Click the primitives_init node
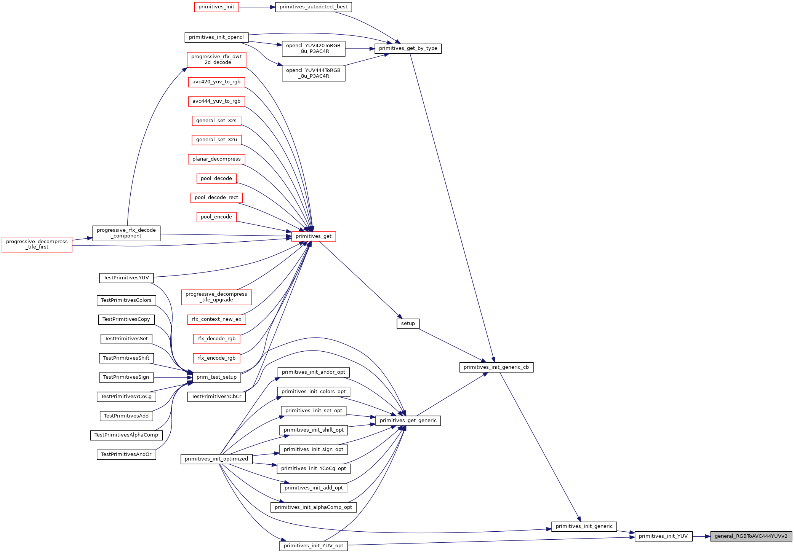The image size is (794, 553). coord(216,7)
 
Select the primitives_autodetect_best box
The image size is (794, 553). coord(313,7)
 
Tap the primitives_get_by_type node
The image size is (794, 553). coord(408,48)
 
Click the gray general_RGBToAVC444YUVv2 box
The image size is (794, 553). coord(751,536)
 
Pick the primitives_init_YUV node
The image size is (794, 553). coord(663,536)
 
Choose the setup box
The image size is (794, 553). coord(408,324)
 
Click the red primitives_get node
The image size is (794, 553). coord(314,236)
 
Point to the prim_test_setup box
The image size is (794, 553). coord(216,377)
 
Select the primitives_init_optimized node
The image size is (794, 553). coord(216,459)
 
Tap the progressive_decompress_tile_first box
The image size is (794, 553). coord(37,244)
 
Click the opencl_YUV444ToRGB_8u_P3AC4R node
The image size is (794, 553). coord(314,73)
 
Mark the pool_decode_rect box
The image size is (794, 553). coord(216,198)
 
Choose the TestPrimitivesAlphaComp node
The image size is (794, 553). coord(126,435)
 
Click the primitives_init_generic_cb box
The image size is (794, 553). coord(496,367)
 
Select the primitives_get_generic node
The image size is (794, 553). coord(408,421)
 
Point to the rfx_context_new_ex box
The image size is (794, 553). coord(216,319)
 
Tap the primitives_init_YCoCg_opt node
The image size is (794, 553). coord(314,469)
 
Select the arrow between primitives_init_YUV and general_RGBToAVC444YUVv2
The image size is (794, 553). coord(701,536)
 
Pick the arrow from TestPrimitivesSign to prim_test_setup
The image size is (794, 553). coord(173,378)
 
